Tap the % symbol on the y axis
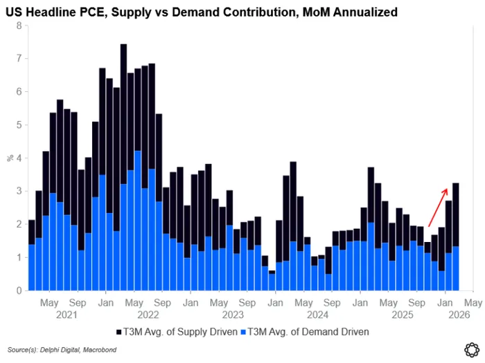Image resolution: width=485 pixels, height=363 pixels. [x=10, y=158]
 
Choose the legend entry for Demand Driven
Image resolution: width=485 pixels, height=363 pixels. [x=302, y=332]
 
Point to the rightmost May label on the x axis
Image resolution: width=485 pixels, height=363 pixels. [x=473, y=303]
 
